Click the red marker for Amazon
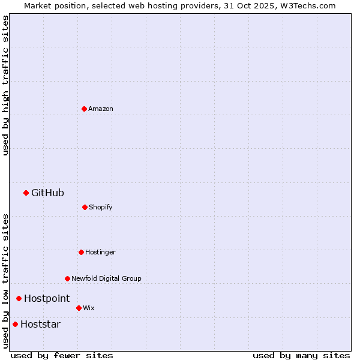click(x=84, y=109)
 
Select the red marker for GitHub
click(x=26, y=193)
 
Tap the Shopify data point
click(x=85, y=207)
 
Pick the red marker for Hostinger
click(x=81, y=252)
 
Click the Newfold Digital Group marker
click(x=67, y=278)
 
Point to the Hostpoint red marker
click(x=19, y=298)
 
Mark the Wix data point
click(x=79, y=308)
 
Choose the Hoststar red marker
click(x=15, y=324)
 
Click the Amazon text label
click(x=101, y=109)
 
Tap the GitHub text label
click(x=47, y=193)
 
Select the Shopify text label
click(x=101, y=207)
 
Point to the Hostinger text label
click(x=100, y=252)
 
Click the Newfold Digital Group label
click(x=106, y=278)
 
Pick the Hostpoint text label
click(x=47, y=298)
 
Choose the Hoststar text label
click(x=40, y=324)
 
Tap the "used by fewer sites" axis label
click(x=62, y=355)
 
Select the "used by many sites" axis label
click(x=301, y=355)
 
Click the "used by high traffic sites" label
click(x=5, y=85)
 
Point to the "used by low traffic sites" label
click(x=5, y=281)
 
